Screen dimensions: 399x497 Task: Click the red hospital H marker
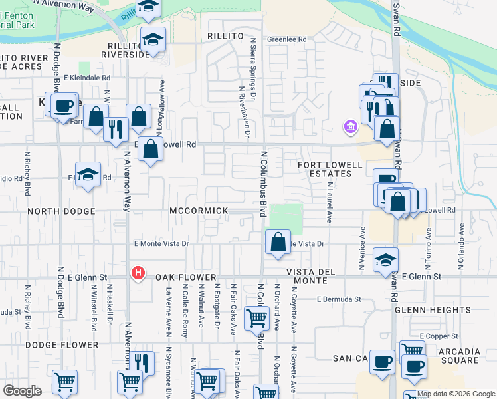tap(138, 273)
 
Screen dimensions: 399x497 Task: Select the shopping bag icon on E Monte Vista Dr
tap(278, 242)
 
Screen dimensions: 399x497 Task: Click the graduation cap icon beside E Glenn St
tap(385, 260)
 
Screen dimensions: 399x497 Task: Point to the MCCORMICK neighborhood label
tap(199, 211)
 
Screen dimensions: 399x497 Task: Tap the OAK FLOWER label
tap(187, 277)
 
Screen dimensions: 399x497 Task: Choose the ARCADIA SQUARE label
tap(454, 356)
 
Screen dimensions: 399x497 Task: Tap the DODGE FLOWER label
tap(52, 345)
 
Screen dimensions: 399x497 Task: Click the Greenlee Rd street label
tap(287, 39)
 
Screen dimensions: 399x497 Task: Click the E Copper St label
tap(439, 336)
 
